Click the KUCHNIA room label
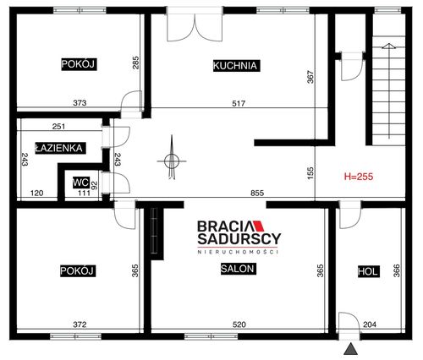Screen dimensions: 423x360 tap(236, 66)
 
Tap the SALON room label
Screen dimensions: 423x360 tap(238, 269)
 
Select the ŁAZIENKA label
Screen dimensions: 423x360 tap(60, 148)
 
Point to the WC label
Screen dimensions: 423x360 tap(81, 183)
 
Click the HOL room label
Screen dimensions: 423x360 tap(368, 271)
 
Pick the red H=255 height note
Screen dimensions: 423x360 tap(359, 177)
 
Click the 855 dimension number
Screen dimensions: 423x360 tap(257, 193)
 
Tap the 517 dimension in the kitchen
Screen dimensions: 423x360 tap(239, 104)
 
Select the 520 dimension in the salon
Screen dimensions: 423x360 tap(239, 325)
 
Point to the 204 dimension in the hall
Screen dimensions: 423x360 tap(370, 325)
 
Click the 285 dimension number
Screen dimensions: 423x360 tap(135, 63)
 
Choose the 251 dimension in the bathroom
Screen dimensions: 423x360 tap(58, 127)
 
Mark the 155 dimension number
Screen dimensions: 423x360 tap(310, 173)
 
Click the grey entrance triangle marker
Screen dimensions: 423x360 tap(351, 350)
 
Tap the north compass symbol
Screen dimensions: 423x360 tap(172, 160)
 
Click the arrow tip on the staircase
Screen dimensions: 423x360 tap(389, 44)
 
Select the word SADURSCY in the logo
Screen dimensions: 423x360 tap(239, 239)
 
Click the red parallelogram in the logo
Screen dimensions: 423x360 tap(257, 226)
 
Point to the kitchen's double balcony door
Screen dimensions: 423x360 tap(195, 25)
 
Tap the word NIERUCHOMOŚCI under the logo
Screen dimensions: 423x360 tap(239, 252)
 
